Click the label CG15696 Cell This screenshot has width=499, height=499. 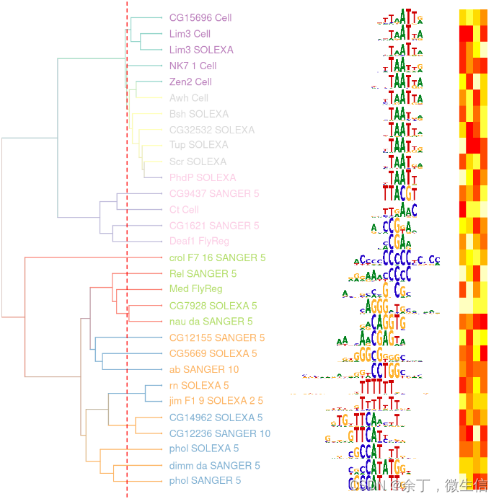tap(200, 18)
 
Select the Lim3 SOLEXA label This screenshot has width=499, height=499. tap(201, 50)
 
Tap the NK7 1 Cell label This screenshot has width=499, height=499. tap(193, 66)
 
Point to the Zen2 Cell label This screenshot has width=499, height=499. tap(190, 82)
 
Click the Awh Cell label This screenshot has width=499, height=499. tap(189, 98)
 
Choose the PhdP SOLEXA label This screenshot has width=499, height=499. tap(203, 177)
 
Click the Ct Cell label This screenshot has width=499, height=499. tap(184, 210)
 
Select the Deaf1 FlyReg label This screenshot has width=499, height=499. tap(199, 242)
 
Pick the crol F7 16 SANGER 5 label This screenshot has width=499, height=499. tap(217, 257)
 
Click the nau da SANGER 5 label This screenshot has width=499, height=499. tap(211, 322)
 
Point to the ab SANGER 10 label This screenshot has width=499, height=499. tap(204, 369)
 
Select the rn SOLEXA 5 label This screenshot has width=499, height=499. tap(199, 386)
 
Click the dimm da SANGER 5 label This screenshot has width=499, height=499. tap(214, 466)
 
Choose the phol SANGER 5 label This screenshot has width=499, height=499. tap(205, 481)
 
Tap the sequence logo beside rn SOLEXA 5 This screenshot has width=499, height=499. tap(381, 386)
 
